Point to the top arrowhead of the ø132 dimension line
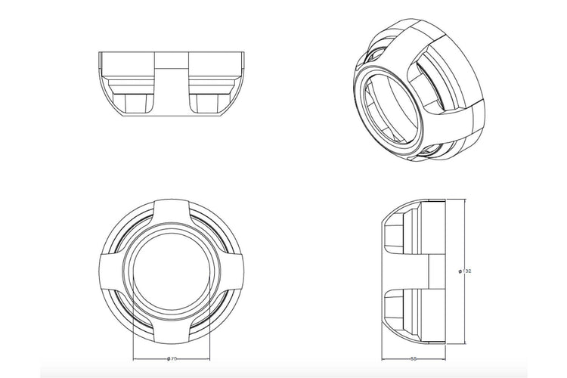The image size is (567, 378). click(451, 201)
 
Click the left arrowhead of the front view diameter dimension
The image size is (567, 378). click(134, 358)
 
